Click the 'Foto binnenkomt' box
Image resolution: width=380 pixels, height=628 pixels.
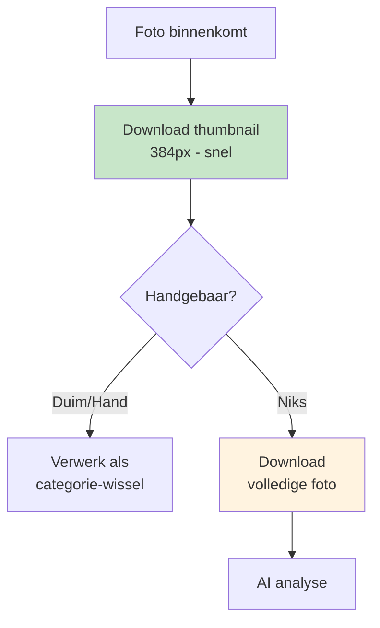(x=191, y=33)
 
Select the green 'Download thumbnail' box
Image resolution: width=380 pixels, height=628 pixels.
(x=191, y=142)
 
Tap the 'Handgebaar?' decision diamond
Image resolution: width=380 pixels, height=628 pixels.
(x=191, y=297)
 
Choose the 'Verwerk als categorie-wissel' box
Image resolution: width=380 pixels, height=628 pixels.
(x=90, y=475)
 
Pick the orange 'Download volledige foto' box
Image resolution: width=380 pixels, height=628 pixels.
(x=292, y=475)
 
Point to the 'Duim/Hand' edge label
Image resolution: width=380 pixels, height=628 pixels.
(x=90, y=402)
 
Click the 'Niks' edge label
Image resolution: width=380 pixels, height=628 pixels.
(x=292, y=402)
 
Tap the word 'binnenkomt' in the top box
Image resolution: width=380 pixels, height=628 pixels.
(x=208, y=32)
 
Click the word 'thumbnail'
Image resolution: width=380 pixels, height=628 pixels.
(x=226, y=130)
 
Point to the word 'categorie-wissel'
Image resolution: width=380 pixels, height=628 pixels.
(x=90, y=485)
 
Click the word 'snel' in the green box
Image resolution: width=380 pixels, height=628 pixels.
(x=218, y=152)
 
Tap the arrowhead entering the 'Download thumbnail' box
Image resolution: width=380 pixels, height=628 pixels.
(x=191, y=102)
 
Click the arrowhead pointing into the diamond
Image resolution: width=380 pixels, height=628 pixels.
(x=191, y=222)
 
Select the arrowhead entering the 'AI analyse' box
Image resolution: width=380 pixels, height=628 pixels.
(x=292, y=555)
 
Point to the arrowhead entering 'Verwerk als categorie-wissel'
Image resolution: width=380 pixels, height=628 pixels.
(x=90, y=434)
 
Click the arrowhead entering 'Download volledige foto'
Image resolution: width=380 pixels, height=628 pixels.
(x=292, y=434)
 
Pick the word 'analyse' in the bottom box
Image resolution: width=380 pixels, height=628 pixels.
(x=301, y=583)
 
